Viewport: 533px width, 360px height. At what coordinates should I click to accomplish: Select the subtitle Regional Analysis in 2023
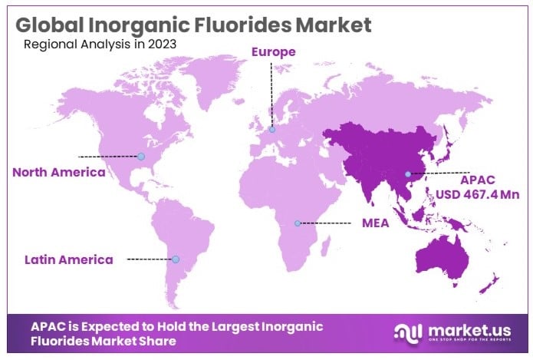(100, 44)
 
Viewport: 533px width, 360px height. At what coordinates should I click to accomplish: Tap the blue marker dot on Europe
(271, 130)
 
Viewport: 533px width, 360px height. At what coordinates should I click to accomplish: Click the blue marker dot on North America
(141, 156)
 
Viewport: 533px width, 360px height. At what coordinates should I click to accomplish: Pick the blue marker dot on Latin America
(176, 259)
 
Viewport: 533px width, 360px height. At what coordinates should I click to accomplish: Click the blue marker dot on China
(408, 174)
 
